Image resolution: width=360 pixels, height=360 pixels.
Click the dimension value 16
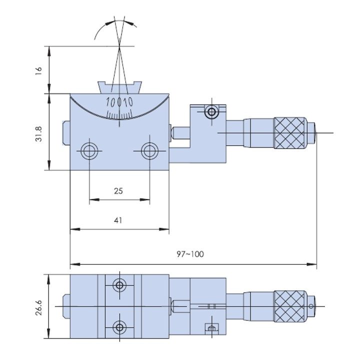pyautogui.click(x=39, y=71)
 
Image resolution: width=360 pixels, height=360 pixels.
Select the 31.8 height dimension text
pyautogui.click(x=39, y=134)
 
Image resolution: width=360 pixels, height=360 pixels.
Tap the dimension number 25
pyautogui.click(x=118, y=191)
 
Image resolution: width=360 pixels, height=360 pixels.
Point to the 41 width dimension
pyautogui.click(x=118, y=220)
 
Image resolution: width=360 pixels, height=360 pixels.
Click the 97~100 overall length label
pyautogui.click(x=190, y=254)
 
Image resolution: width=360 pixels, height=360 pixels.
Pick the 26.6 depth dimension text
pyautogui.click(x=39, y=307)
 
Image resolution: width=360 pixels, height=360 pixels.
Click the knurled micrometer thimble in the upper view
pyautogui.click(x=290, y=133)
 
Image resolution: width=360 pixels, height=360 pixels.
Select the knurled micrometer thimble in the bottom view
pyautogui.click(x=290, y=306)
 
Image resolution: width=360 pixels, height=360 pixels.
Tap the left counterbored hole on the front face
pyautogui.click(x=89, y=151)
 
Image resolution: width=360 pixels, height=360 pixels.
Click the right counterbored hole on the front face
pyautogui.click(x=149, y=151)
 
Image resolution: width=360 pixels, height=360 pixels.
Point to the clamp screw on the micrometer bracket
pyautogui.click(x=211, y=112)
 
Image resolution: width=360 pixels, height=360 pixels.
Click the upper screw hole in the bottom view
pyautogui.click(x=119, y=285)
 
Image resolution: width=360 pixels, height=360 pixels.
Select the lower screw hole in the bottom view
pyautogui.click(x=119, y=327)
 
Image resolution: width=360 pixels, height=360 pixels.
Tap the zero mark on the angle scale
pyautogui.click(x=119, y=101)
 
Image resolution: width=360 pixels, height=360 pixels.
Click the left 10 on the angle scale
pyautogui.click(x=110, y=102)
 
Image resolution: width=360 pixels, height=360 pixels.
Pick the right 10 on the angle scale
pyautogui.click(x=127, y=101)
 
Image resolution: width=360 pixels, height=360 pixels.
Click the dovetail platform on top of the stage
pyautogui.click(x=119, y=87)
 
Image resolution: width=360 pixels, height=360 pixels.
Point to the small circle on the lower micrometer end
pyautogui.click(x=311, y=306)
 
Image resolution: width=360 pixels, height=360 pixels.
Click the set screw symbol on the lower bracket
pyautogui.click(x=211, y=328)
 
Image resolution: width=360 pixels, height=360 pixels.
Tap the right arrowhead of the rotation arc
pyautogui.click(x=130, y=22)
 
